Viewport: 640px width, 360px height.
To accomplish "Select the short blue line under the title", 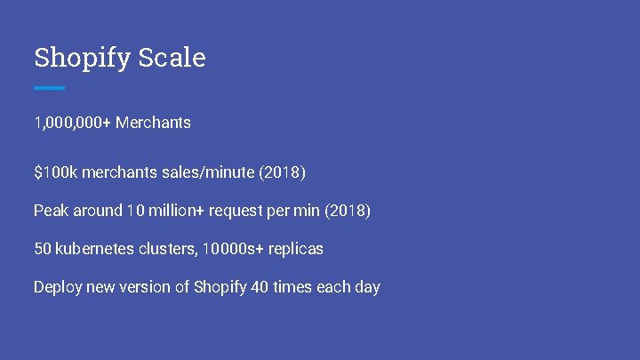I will click(x=49, y=88).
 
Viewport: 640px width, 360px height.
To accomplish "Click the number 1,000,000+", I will click(x=72, y=123).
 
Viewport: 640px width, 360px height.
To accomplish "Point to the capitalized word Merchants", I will click(x=153, y=123).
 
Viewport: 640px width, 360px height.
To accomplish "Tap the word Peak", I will click(x=51, y=211).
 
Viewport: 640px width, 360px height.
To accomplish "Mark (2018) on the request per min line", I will click(x=347, y=211).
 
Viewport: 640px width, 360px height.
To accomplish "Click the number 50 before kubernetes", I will click(x=43, y=249).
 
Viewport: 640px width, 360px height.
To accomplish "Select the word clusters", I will click(x=169, y=249).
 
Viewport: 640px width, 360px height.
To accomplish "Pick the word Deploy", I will click(x=56, y=288).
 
